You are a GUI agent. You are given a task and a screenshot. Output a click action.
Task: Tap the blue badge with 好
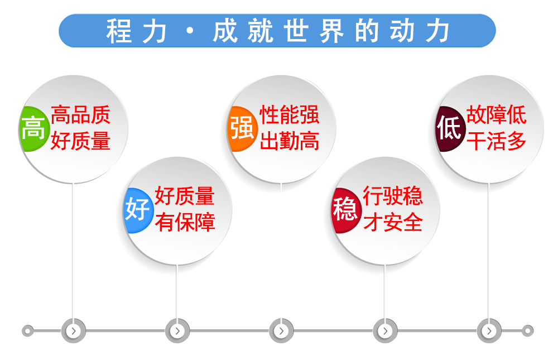point(138,210)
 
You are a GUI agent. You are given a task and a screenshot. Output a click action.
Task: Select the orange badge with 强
point(242,128)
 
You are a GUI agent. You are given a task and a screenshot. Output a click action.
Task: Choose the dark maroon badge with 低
point(450,128)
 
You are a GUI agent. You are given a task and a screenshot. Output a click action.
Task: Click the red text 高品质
point(80,114)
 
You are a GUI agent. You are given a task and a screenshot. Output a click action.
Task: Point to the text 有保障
point(185,222)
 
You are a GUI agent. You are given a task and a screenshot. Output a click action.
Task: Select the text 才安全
point(393,222)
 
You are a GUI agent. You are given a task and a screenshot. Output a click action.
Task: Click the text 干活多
point(497,141)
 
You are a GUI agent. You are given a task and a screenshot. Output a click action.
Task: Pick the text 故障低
point(497,114)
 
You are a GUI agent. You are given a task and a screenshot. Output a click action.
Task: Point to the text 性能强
point(289,114)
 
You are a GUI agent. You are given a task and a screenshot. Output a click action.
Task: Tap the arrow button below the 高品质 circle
point(73,331)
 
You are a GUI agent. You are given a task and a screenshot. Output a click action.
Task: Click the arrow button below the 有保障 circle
point(177,331)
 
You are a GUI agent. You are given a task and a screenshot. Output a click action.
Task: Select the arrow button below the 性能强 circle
point(281,331)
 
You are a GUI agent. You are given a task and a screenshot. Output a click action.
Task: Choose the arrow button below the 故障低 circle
point(489,331)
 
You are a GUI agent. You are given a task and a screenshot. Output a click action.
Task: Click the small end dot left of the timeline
point(28,331)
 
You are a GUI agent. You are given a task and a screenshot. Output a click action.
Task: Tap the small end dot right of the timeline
point(528,331)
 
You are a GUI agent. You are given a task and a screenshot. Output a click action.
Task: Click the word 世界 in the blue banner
point(314,31)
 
